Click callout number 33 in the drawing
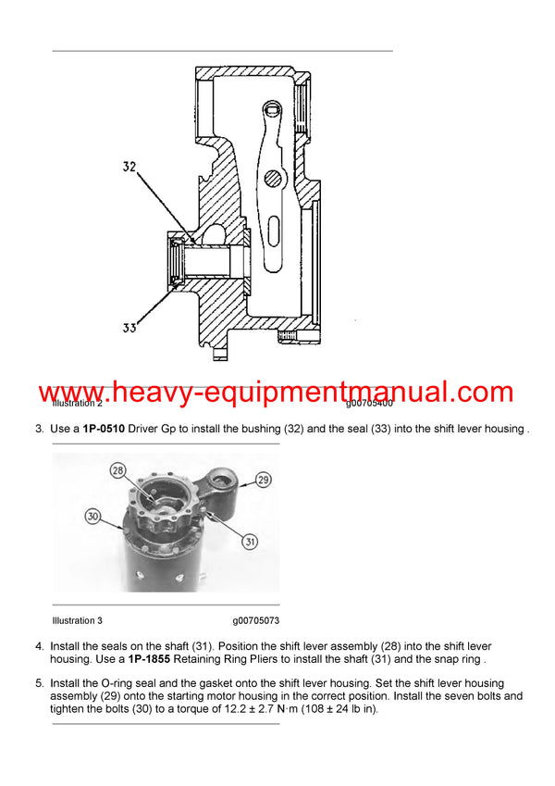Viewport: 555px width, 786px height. (129, 327)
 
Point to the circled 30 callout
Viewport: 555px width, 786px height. (92, 516)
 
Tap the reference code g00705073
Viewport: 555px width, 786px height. (256, 620)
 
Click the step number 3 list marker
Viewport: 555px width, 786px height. (39, 429)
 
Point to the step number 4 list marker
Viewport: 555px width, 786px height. (39, 646)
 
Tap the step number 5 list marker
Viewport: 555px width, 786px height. (39, 683)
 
